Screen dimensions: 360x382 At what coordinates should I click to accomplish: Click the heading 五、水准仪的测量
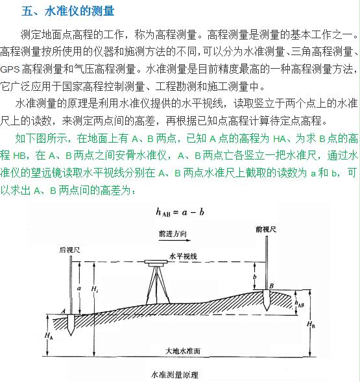(67, 11)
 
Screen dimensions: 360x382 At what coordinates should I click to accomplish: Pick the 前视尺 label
(266, 229)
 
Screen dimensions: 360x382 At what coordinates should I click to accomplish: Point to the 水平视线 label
(182, 256)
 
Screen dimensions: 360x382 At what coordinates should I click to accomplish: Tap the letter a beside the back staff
(78, 286)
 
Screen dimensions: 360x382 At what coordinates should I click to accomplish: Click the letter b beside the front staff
(256, 276)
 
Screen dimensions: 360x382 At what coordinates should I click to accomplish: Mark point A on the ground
(63, 311)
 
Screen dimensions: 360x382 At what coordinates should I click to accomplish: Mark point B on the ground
(270, 285)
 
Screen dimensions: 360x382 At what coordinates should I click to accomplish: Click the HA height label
(49, 336)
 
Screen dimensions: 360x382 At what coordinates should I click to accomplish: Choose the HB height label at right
(312, 323)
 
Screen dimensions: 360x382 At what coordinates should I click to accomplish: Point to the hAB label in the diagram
(299, 302)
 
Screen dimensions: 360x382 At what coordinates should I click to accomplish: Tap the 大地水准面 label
(183, 350)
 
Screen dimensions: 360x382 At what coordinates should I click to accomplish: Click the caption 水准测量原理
(174, 374)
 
